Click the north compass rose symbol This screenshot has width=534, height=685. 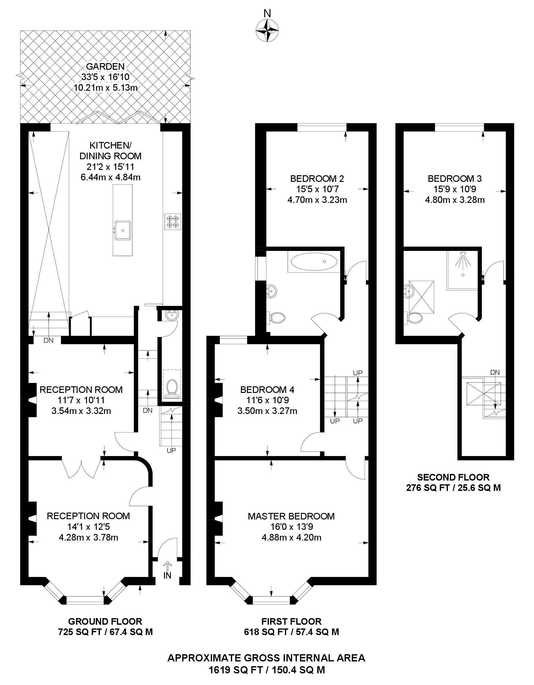point(267,30)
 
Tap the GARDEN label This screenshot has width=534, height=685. point(105,67)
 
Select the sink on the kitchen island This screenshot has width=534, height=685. point(123,230)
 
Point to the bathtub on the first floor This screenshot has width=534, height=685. point(314,262)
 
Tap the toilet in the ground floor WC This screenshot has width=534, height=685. point(172,387)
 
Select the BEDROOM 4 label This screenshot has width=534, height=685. point(267,390)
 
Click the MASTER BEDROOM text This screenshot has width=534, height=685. point(291,516)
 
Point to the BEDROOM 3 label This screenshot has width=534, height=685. point(455,179)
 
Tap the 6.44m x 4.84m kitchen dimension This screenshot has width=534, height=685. point(110,177)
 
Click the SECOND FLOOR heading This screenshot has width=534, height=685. point(453,478)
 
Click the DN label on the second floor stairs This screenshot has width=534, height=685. point(495,372)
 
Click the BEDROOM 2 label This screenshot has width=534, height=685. point(317,179)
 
